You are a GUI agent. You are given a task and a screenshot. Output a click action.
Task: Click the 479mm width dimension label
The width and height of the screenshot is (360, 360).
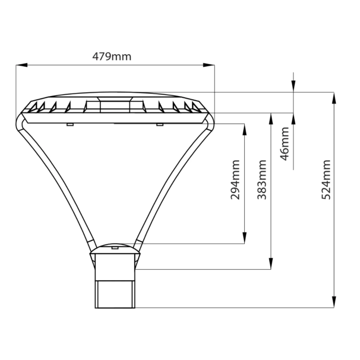(112, 57)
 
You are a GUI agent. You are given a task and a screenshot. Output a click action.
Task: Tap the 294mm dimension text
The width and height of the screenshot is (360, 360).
(235, 180)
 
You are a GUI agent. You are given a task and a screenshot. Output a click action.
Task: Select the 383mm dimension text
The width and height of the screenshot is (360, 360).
(262, 180)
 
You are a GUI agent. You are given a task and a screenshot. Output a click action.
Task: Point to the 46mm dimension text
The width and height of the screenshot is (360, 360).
(285, 144)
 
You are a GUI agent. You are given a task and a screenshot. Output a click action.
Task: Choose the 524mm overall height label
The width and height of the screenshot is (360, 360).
(326, 180)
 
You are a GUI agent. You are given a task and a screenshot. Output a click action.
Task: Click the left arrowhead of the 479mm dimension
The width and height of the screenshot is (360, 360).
(22, 65)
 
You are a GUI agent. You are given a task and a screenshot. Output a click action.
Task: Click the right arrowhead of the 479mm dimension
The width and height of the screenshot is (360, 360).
(209, 65)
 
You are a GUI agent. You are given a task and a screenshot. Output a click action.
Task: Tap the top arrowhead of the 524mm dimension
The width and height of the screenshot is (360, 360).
(334, 98)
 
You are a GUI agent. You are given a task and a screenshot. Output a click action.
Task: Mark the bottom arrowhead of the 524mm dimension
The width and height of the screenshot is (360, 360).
(334, 302)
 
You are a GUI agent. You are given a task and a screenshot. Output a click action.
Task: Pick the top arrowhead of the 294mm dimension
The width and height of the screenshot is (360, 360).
(244, 130)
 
